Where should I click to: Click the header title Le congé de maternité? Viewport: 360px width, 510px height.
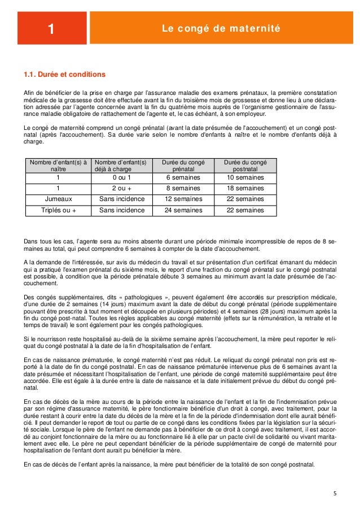click(x=221, y=28)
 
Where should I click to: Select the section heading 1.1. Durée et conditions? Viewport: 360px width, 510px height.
click(x=64, y=75)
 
